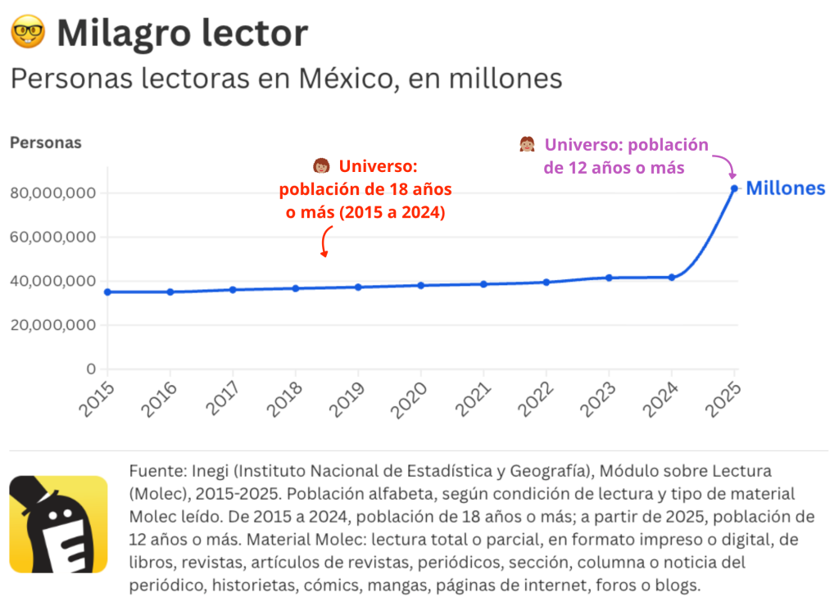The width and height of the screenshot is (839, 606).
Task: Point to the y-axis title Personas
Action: click(46, 142)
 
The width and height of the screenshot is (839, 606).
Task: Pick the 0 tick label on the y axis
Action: click(92, 369)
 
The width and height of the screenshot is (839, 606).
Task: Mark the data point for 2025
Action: click(734, 188)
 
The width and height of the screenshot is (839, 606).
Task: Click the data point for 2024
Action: click(672, 278)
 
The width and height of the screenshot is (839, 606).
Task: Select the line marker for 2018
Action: click(296, 288)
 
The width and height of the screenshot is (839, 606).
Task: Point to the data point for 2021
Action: click(483, 284)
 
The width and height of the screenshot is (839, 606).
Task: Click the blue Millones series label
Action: click(785, 188)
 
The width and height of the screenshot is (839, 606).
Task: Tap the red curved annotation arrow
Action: click(325, 243)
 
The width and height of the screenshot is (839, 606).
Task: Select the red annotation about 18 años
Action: click(365, 190)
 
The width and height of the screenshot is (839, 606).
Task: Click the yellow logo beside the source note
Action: click(58, 524)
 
